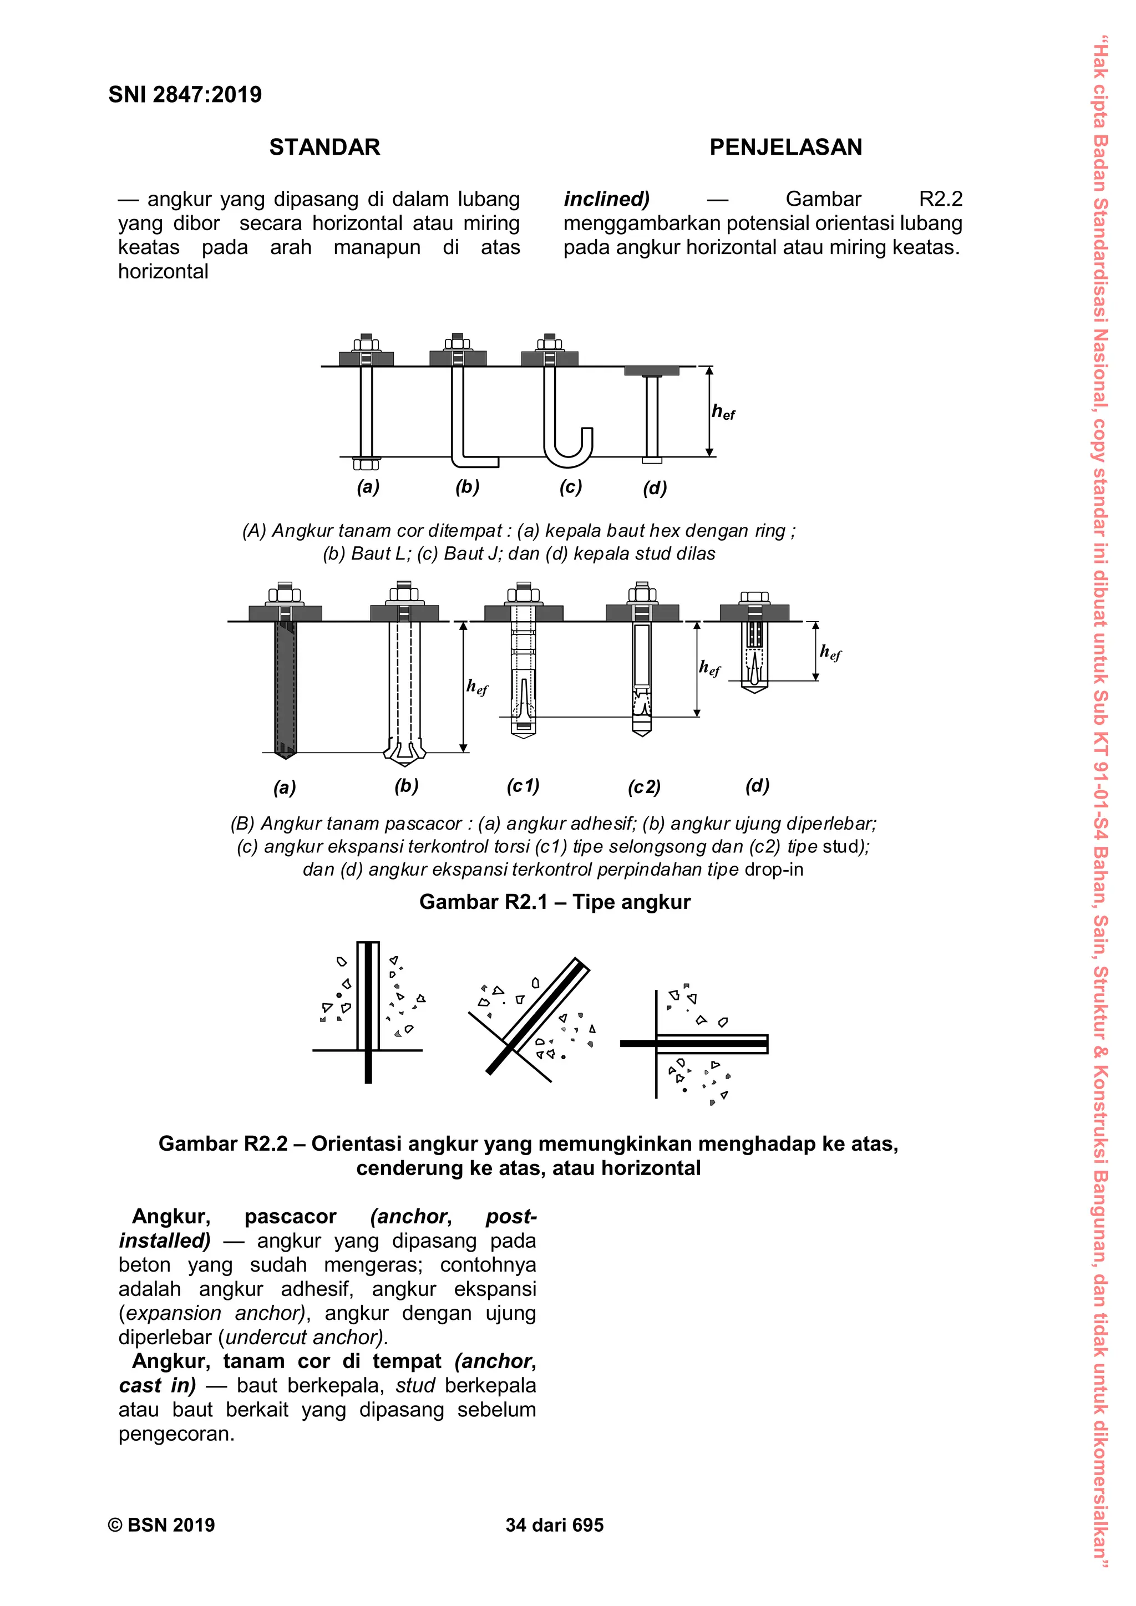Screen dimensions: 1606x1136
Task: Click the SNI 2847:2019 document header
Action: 185,94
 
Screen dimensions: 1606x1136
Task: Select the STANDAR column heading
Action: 324,147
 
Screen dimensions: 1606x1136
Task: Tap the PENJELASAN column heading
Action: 785,147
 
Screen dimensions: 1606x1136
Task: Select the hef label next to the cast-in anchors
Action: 723,412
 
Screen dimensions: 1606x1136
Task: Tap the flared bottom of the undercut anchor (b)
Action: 404,752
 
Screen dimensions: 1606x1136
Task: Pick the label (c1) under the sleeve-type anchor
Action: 523,786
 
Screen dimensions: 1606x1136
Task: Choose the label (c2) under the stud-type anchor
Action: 644,787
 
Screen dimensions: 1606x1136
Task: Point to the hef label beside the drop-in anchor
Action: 830,653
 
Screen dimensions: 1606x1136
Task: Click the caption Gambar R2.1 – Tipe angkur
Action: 555,902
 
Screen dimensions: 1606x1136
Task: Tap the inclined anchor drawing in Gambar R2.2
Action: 535,1018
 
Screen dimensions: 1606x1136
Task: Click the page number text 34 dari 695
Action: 554,1525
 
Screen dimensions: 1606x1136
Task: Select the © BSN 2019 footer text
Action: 161,1525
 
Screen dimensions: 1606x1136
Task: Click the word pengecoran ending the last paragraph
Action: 176,1434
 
